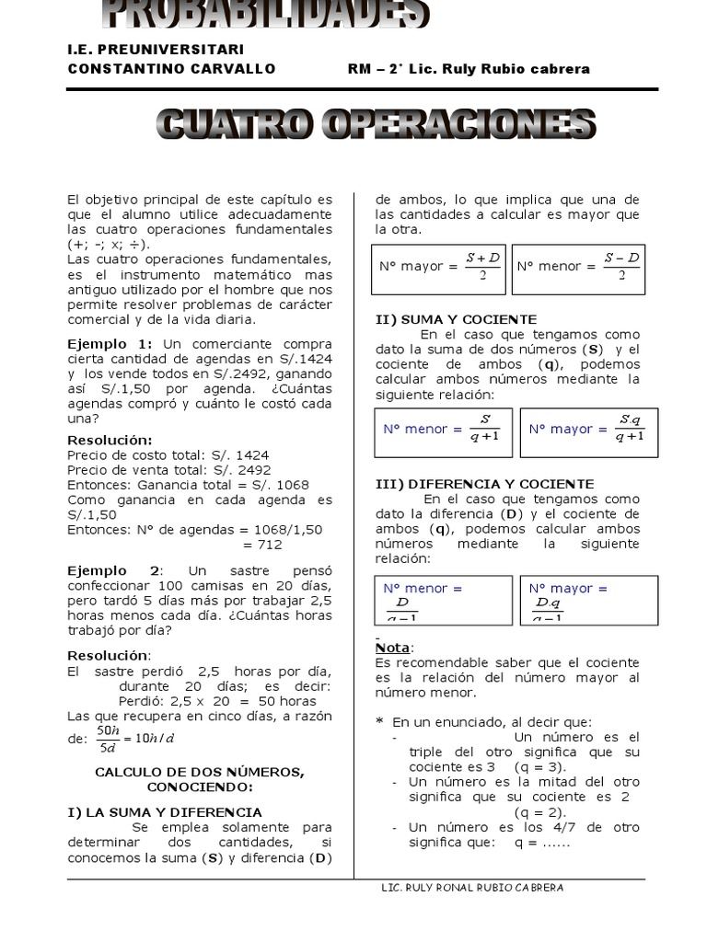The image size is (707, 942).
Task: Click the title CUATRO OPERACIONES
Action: click(377, 125)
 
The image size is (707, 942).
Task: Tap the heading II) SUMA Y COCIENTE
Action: click(456, 319)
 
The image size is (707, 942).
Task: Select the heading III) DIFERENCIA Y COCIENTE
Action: click(484, 484)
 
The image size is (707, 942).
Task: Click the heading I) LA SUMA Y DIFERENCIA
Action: click(165, 812)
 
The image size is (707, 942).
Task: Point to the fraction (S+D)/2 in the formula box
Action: click(482, 266)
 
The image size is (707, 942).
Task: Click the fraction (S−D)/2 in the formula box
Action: click(621, 266)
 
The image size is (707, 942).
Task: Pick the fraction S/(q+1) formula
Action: click(484, 428)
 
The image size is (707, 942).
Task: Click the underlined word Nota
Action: click(395, 648)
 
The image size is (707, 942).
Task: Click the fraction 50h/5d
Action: click(109, 738)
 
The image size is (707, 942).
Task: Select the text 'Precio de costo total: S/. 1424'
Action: click(168, 454)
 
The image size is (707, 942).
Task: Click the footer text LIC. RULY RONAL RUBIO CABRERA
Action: click(472, 888)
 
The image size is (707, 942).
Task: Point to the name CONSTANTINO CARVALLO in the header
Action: click(171, 69)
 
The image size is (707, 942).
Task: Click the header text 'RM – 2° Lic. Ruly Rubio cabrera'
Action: click(469, 69)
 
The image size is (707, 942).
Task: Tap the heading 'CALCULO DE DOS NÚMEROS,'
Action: click(199, 772)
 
